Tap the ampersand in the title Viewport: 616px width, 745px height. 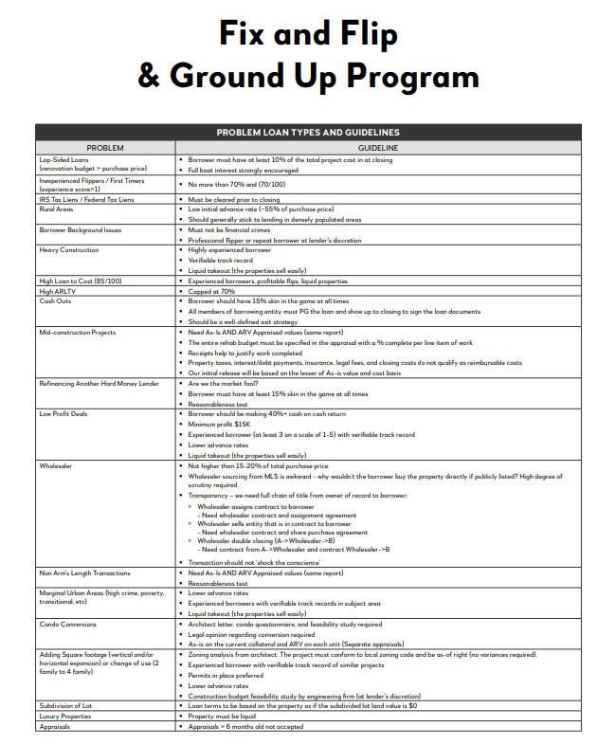[x=151, y=75]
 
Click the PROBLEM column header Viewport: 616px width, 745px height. [x=105, y=148]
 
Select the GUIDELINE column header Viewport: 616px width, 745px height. [x=377, y=148]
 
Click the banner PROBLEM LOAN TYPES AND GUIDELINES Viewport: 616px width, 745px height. [x=308, y=133]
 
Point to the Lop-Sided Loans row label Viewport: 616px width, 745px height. [x=63, y=159]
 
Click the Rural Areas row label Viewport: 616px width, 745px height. [x=57, y=209]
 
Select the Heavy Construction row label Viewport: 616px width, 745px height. [x=68, y=249]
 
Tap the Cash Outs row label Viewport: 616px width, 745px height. [x=55, y=300]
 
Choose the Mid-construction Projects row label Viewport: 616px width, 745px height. [x=78, y=333]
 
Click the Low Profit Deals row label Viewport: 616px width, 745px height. [x=64, y=414]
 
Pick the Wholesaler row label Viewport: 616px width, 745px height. [x=57, y=466]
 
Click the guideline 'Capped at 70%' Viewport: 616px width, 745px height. [x=211, y=291]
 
